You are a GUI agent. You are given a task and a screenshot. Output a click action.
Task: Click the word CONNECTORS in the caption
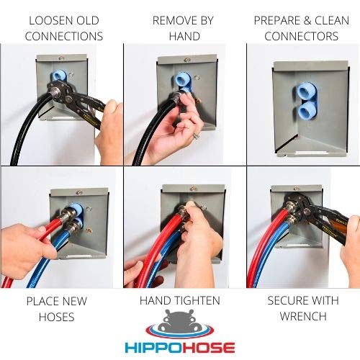(301, 36)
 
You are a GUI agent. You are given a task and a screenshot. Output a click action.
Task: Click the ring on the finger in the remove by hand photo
(195, 134)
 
